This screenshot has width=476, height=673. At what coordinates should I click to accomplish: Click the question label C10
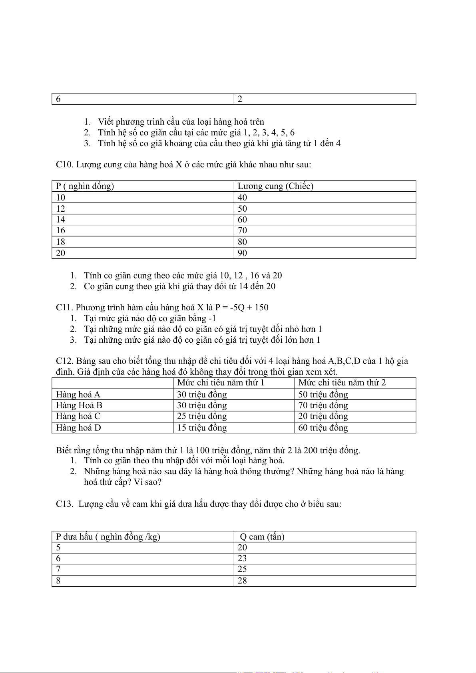[64, 165]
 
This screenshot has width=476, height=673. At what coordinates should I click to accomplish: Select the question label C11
[64, 308]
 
